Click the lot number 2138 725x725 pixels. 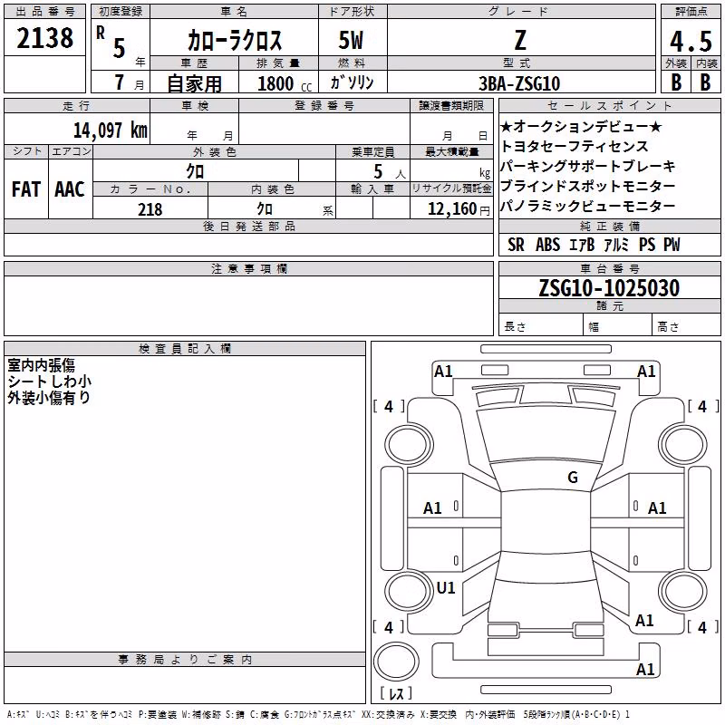(x=44, y=38)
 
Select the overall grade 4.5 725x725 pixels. (x=691, y=41)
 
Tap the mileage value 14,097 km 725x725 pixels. (x=111, y=130)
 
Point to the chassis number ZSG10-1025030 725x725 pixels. (x=609, y=287)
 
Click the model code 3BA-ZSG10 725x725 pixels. (x=519, y=83)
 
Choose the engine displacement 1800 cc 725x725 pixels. (x=285, y=83)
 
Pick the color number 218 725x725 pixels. (x=150, y=209)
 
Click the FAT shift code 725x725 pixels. (x=26, y=189)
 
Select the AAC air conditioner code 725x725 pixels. (x=70, y=189)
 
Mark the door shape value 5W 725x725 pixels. (x=351, y=40)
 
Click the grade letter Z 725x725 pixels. (x=520, y=40)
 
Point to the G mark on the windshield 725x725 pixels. (x=573, y=477)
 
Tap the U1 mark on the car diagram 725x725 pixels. (x=446, y=587)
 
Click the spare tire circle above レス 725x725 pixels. (x=396, y=662)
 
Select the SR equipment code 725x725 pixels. (x=516, y=245)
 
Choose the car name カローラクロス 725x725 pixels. (x=235, y=41)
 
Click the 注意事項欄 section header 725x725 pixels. (x=249, y=268)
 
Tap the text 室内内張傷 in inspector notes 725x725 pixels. (x=41, y=365)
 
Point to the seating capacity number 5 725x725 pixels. (x=378, y=171)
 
